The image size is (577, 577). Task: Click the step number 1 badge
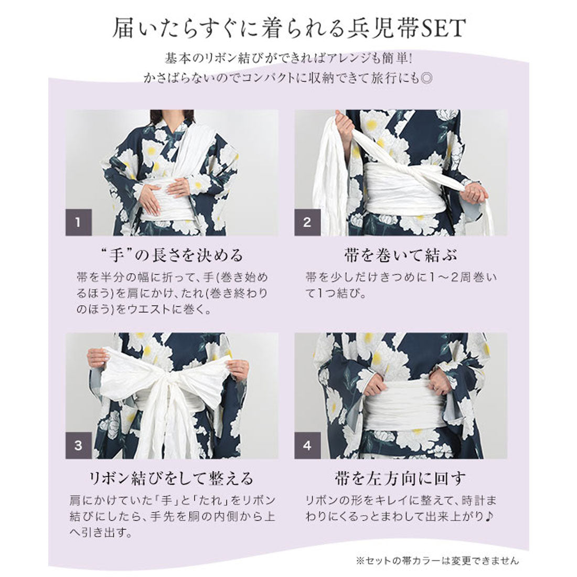click(78, 222)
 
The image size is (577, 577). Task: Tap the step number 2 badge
click(307, 222)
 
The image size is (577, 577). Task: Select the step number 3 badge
click(78, 446)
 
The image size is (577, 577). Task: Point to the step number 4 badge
click(307, 446)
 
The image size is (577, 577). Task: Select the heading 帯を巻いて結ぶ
click(401, 255)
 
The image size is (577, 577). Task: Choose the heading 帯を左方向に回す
click(401, 478)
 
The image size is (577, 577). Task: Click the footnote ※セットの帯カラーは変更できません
click(437, 560)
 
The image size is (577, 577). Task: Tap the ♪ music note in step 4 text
click(489, 516)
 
